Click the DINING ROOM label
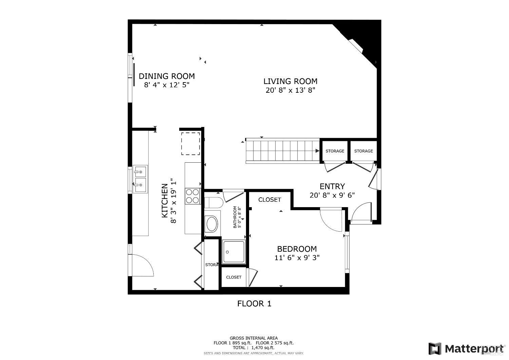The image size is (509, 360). click(167, 76)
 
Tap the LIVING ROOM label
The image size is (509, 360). click(290, 81)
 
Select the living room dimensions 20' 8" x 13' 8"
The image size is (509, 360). click(290, 90)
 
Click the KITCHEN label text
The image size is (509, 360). click(164, 200)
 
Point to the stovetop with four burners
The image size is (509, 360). click(192, 196)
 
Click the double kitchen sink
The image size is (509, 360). click(140, 179)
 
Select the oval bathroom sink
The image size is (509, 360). click(212, 224)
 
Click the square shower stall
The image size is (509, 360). click(234, 252)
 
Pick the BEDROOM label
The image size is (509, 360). click(297, 249)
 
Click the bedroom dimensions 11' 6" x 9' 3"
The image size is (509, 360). click(297, 258)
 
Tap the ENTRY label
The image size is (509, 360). click(332, 186)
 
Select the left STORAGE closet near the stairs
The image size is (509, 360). click(335, 151)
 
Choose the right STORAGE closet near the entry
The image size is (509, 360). click(363, 151)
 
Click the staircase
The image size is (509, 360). click(282, 151)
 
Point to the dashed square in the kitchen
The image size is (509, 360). click(190, 144)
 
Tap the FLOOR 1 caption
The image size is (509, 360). click(254, 304)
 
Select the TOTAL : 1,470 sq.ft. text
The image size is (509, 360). click(253, 347)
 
